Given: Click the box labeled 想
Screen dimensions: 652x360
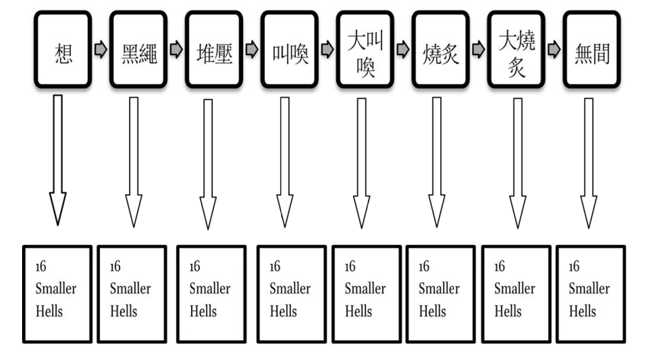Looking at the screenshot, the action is tap(63, 49).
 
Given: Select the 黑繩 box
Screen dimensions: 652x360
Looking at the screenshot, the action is tap(138, 49).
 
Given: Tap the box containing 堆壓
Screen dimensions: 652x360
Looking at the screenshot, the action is tap(214, 49).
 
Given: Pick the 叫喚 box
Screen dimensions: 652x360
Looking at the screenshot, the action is tap(289, 49).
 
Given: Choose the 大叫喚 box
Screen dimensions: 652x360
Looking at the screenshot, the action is tap(365, 49).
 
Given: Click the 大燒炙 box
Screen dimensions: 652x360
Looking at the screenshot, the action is tap(516, 49).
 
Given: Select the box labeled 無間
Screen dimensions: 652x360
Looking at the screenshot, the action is tap(592, 49).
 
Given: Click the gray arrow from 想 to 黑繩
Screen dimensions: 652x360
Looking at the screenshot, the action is tap(101, 49).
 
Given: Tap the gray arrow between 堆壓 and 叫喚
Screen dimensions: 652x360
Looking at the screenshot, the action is tap(252, 49).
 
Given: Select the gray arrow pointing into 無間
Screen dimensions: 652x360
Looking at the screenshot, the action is tap(554, 49).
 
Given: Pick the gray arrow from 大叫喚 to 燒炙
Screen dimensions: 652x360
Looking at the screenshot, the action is tap(403, 49).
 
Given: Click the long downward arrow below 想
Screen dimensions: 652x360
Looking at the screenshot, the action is tap(58, 160).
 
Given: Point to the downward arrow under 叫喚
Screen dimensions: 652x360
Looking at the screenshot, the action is tap(285, 162).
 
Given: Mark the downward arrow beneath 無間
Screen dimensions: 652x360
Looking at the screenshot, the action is tap(588, 163).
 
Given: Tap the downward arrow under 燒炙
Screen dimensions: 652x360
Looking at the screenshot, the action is tap(437, 162).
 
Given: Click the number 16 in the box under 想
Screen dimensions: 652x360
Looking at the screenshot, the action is tap(41, 266).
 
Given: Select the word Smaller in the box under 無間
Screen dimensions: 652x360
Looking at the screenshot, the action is tap(589, 288).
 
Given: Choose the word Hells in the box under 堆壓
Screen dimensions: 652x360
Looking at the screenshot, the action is tap(203, 311).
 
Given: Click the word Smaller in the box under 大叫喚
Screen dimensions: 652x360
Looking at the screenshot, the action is tap(365, 288).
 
